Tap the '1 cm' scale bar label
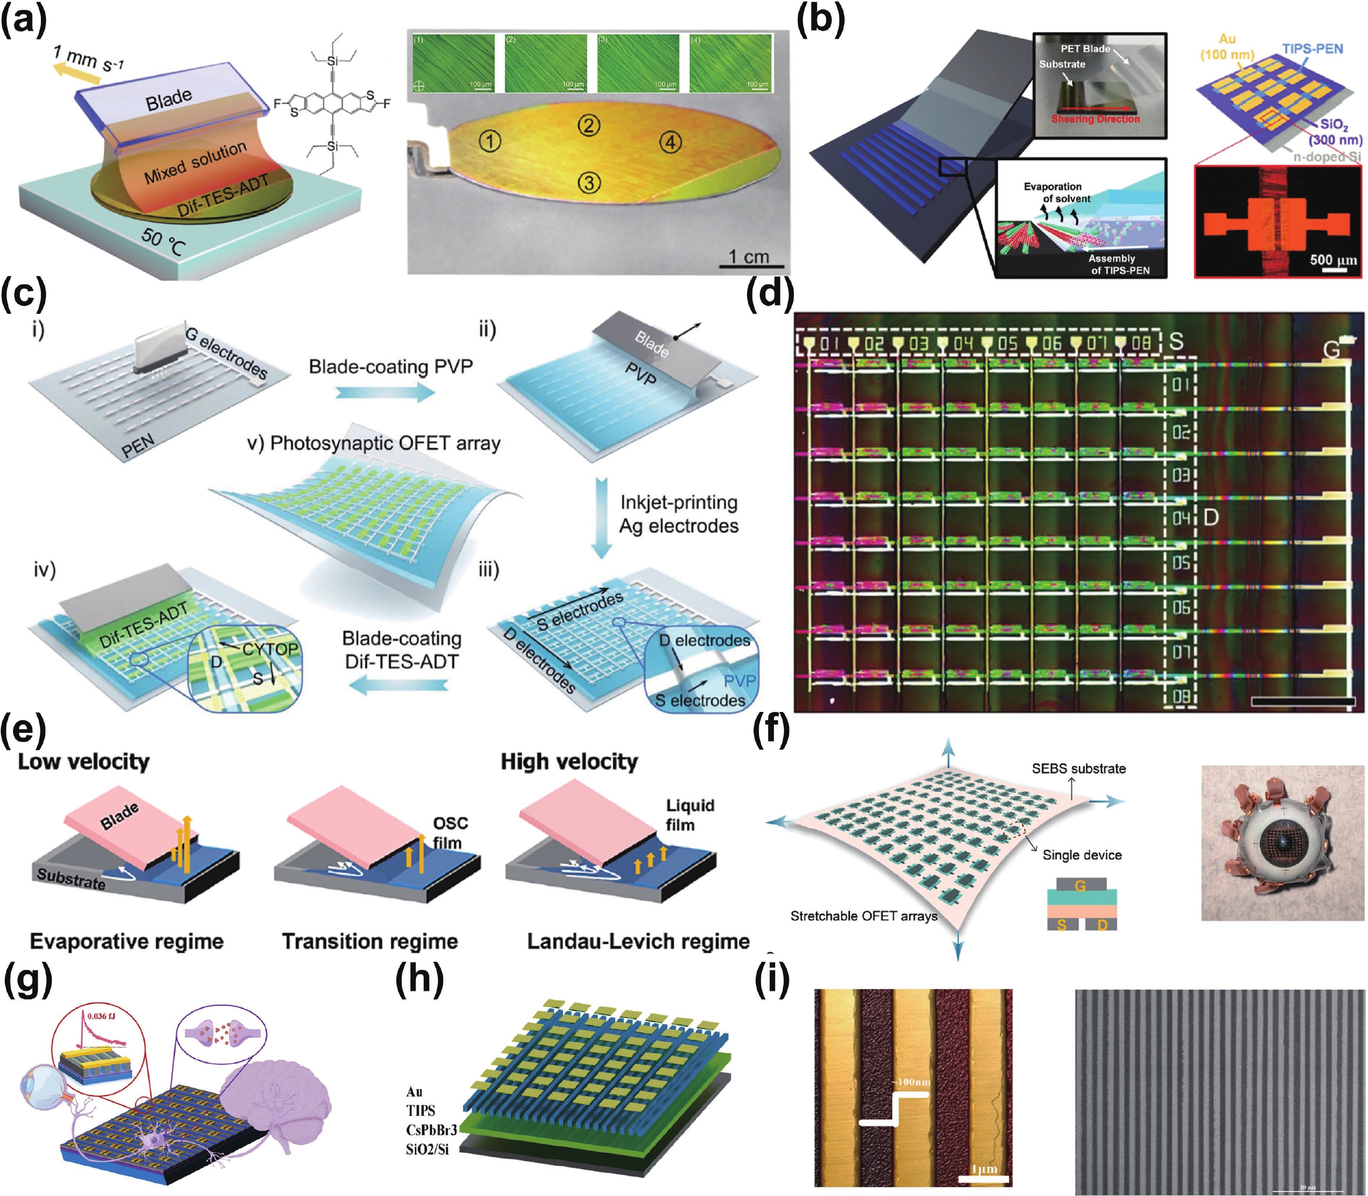[x=748, y=256]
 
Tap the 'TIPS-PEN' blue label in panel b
[x=1312, y=49]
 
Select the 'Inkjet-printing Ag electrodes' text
[x=678, y=514]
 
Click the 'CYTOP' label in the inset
[x=271, y=648]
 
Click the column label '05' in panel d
[x=1008, y=344]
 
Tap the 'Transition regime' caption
[x=370, y=942]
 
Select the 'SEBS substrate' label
[x=1078, y=768]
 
